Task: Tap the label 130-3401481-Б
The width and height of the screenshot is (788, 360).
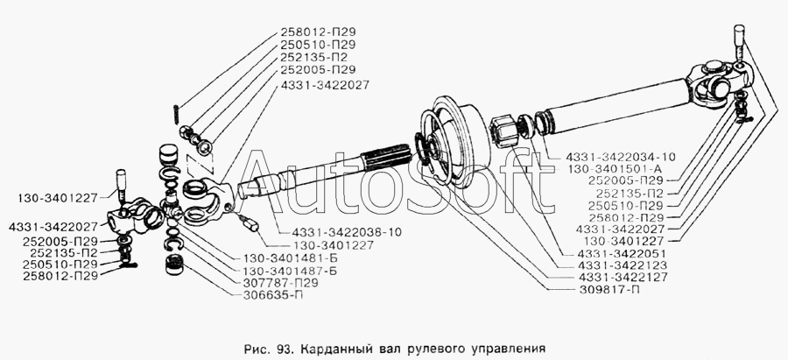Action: [x=285, y=259]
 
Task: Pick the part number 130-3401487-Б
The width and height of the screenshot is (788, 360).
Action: [x=285, y=272]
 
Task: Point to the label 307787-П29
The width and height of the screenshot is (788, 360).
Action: [x=276, y=284]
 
